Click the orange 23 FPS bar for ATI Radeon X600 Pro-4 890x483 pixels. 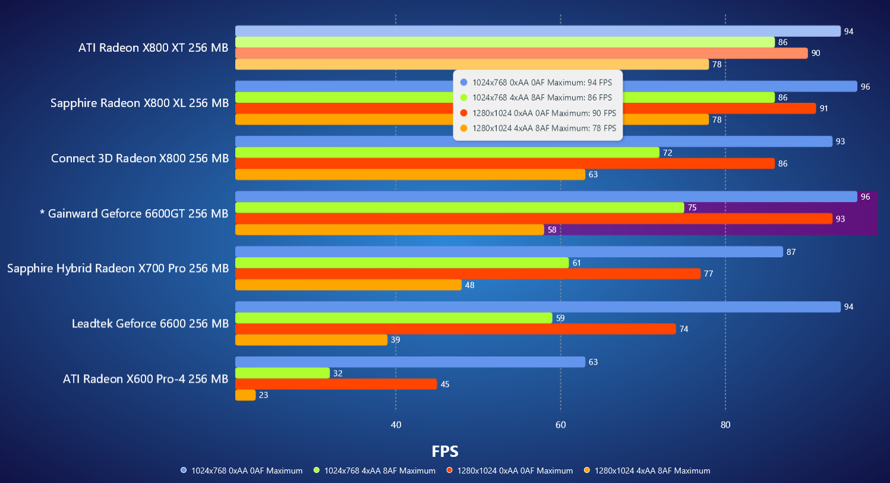pos(245,395)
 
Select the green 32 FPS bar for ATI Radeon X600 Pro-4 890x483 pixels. pos(282,373)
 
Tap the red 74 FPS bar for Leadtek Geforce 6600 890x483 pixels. pos(455,329)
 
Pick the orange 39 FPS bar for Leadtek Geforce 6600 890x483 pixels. pos(311,340)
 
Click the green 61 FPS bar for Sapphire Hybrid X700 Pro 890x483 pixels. pos(402,263)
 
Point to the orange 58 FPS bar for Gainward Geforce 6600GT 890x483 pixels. pos(389,229)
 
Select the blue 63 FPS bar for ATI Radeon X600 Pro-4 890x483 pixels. pos(410,362)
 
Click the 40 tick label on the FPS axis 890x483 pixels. pos(396,425)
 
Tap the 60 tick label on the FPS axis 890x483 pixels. pos(560,425)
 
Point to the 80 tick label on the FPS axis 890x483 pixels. pos(725,425)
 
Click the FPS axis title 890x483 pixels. pos(445,452)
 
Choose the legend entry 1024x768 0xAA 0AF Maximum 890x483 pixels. pos(247,471)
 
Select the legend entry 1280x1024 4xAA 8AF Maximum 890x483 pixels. pos(652,471)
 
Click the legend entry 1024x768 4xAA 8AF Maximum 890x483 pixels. pos(379,471)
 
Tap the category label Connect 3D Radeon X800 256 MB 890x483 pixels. pos(140,159)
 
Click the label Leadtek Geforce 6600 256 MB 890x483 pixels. pos(150,324)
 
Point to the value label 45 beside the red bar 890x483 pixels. pos(445,384)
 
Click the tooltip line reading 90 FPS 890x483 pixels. pos(544,113)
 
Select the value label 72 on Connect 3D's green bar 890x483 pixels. pos(667,153)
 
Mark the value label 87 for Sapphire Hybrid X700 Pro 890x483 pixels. pos(791,252)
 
